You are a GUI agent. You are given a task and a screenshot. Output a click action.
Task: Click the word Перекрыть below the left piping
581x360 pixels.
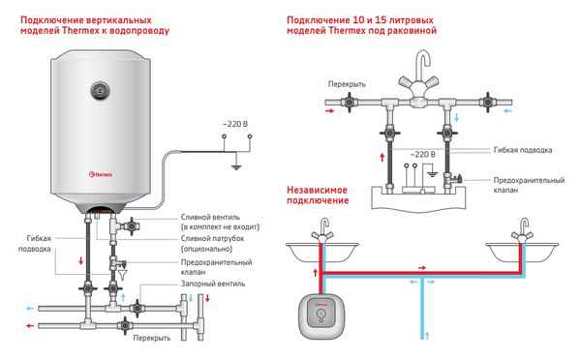[155, 338]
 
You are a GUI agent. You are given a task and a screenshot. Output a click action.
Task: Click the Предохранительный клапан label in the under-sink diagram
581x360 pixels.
[528, 187]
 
